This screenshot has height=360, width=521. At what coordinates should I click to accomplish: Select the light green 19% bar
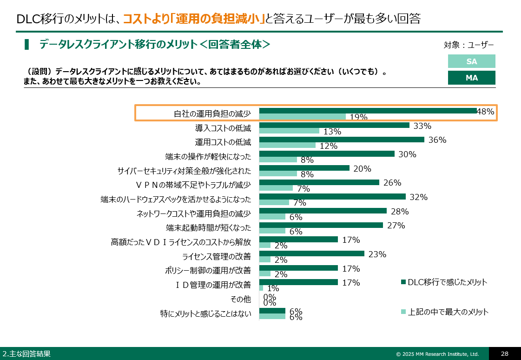pyautogui.click(x=303, y=117)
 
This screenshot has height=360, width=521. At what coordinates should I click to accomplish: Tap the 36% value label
pyautogui.click(x=437, y=140)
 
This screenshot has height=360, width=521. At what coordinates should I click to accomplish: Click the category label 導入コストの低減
pyautogui.click(x=223, y=128)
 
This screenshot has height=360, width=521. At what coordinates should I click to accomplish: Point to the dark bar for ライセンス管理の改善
pyautogui.click(x=311, y=253)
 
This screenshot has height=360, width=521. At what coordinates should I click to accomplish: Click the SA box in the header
pyautogui.click(x=471, y=61)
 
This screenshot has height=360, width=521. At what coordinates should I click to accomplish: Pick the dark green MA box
pyautogui.click(x=471, y=78)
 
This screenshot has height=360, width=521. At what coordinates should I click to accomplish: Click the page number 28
pyautogui.click(x=504, y=353)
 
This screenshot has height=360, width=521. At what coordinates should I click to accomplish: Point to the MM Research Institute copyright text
pyautogui.click(x=437, y=354)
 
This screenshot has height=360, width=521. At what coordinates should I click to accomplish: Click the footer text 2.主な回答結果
pyautogui.click(x=26, y=354)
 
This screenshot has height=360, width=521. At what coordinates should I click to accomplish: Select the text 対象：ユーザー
pyautogui.click(x=468, y=45)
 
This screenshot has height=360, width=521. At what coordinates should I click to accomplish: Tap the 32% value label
pyautogui.click(x=418, y=197)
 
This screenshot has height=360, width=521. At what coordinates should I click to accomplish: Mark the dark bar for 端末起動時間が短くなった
pyautogui.click(x=321, y=225)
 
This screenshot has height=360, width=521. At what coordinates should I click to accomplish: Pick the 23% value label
pyautogui.click(x=377, y=254)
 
